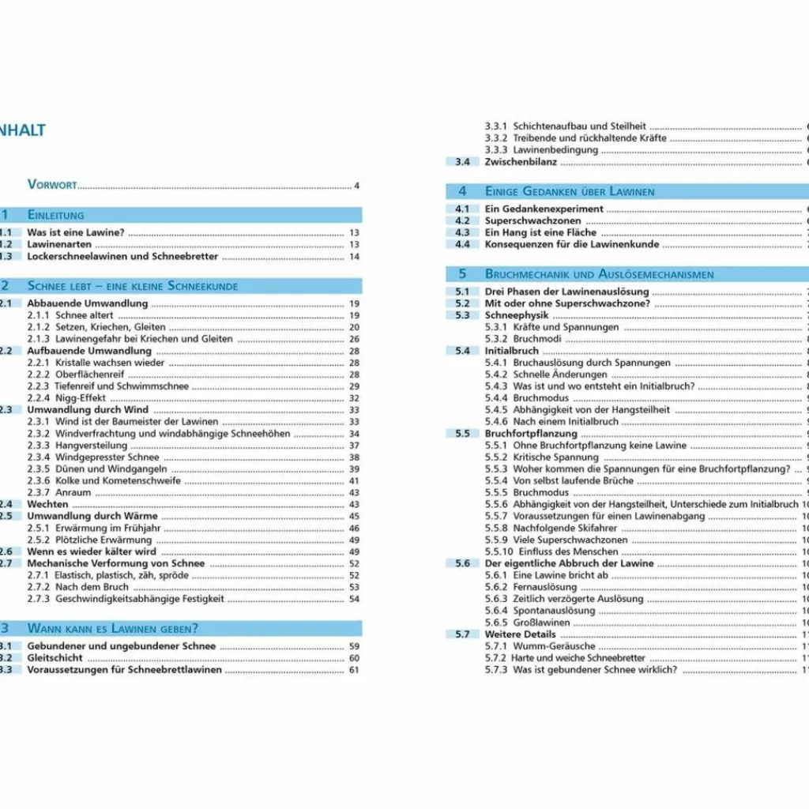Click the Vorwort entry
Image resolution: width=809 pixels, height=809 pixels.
click(52, 185)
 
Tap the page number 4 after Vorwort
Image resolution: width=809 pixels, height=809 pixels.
click(356, 186)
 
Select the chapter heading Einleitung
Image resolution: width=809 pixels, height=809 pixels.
click(55, 215)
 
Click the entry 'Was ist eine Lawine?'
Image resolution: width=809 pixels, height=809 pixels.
click(76, 233)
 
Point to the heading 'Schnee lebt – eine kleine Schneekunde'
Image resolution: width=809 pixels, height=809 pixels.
click(132, 286)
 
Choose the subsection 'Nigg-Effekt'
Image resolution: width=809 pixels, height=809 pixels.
click(81, 398)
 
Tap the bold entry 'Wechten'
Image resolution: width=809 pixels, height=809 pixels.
click(47, 504)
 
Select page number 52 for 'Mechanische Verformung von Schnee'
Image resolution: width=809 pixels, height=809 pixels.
click(354, 563)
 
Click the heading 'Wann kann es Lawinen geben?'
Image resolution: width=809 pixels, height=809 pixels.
click(112, 629)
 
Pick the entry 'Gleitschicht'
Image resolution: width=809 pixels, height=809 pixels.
click(55, 657)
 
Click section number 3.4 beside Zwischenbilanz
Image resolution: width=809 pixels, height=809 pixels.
click(461, 162)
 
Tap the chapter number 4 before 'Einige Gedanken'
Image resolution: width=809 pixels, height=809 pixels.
click(462, 191)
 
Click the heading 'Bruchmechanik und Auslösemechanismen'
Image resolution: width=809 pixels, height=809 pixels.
click(599, 274)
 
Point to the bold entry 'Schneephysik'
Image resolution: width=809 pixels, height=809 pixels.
click(516, 315)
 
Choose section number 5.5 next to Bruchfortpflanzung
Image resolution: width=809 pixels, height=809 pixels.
click(461, 434)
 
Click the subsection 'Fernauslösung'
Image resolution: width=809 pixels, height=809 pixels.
click(545, 587)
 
